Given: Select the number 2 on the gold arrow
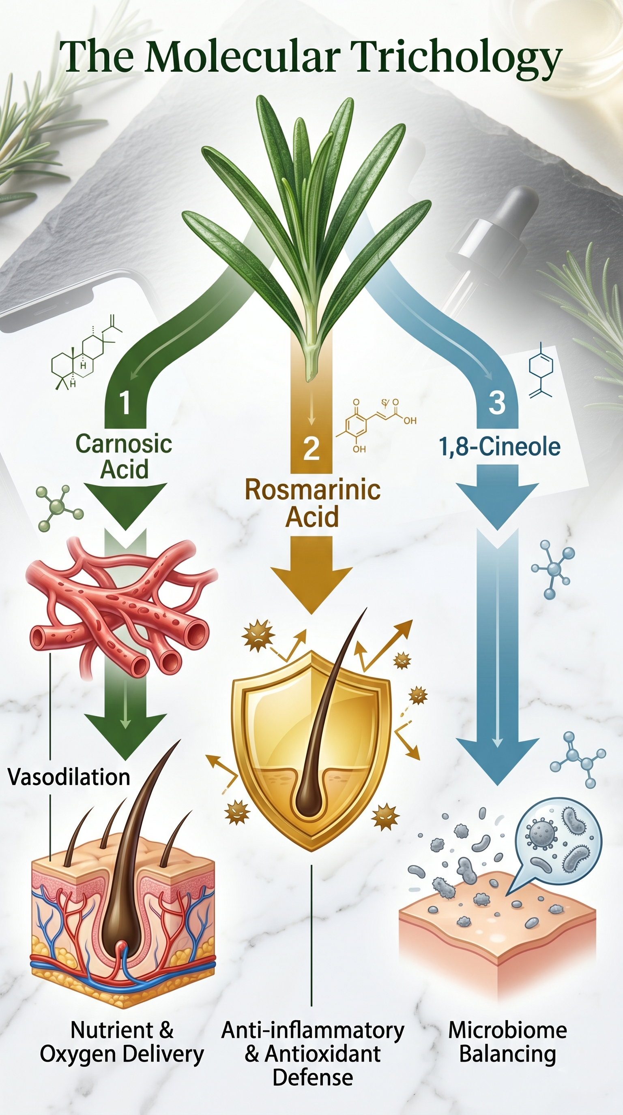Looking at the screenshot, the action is (x=311, y=449).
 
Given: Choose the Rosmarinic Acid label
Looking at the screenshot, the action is (x=312, y=503).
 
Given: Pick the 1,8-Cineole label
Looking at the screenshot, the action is (x=500, y=447).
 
